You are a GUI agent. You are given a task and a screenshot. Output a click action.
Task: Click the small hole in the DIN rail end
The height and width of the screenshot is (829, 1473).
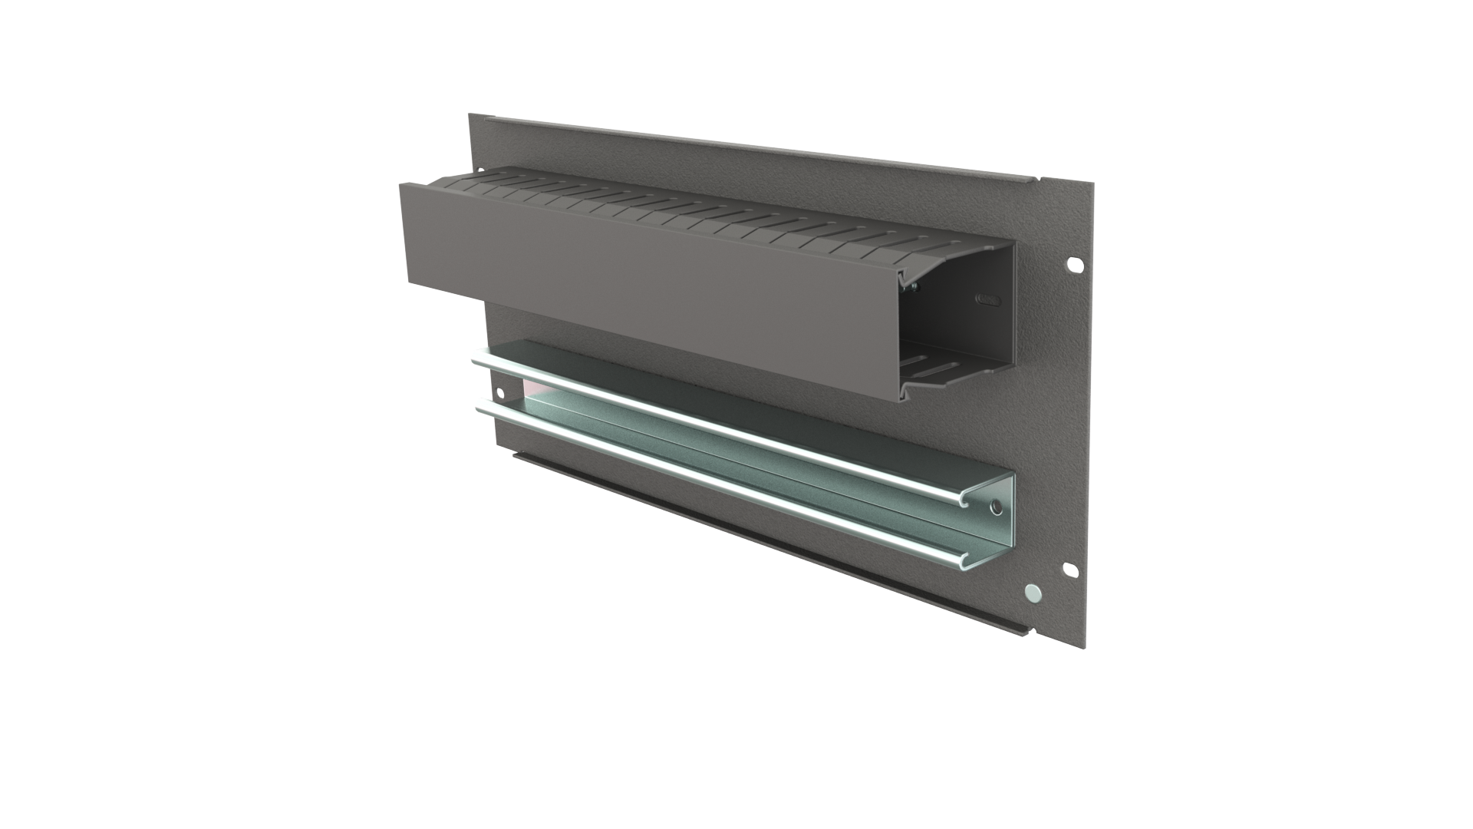[996, 507]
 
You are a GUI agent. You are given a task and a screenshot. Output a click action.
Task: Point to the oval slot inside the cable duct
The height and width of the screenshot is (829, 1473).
[990, 299]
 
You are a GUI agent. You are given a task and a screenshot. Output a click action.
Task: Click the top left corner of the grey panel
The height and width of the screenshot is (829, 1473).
[473, 117]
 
